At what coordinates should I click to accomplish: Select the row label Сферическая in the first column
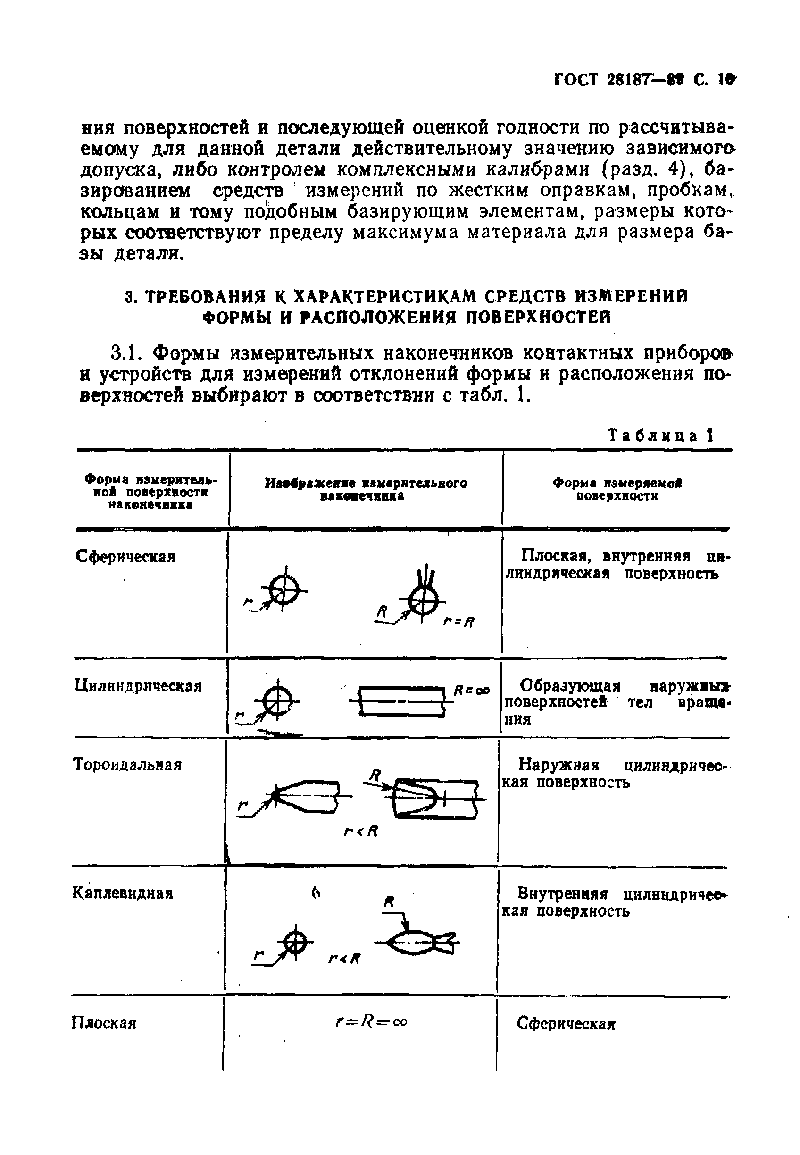pyautogui.click(x=125, y=556)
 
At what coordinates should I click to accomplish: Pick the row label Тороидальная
pyautogui.click(x=127, y=764)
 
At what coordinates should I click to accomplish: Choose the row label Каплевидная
pyautogui.click(x=123, y=893)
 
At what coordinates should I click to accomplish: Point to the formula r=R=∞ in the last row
pyautogui.click(x=371, y=1021)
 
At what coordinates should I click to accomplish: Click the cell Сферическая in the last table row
pyautogui.click(x=566, y=1023)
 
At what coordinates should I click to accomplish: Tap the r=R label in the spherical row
pyautogui.click(x=458, y=622)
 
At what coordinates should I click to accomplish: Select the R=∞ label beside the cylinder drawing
pyautogui.click(x=471, y=690)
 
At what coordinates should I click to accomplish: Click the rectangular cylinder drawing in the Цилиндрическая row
pyautogui.click(x=401, y=701)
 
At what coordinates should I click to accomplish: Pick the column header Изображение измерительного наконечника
pyautogui.click(x=366, y=489)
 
